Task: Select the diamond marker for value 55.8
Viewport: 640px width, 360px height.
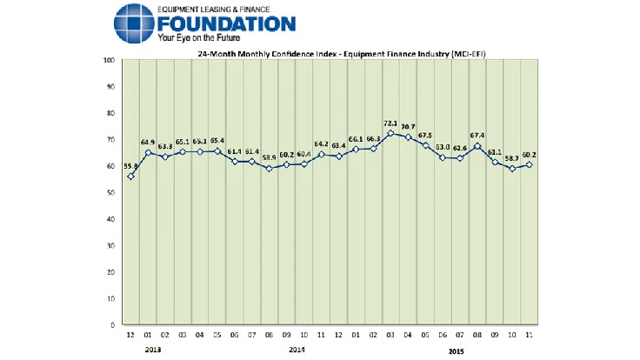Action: (130, 177)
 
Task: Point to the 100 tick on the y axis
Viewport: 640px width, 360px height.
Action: (109, 61)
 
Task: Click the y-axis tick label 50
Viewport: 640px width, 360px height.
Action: (110, 192)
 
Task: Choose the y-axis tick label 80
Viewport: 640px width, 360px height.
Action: (110, 113)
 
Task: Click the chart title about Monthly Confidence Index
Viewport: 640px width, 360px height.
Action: (342, 54)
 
